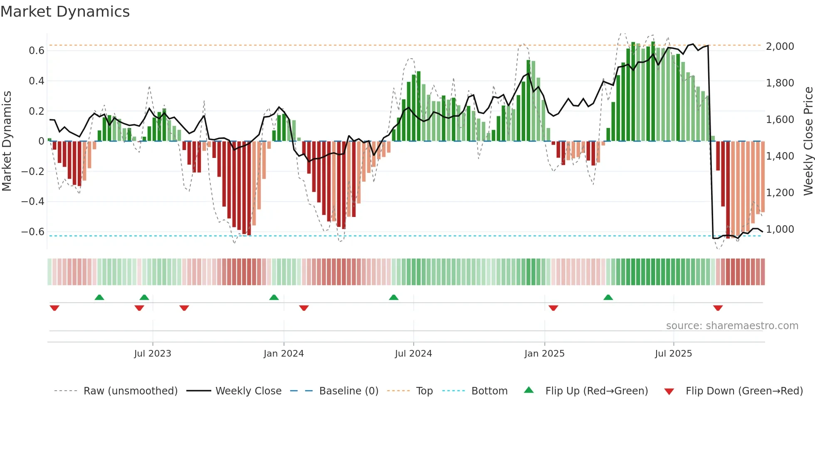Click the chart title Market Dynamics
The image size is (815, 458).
65,12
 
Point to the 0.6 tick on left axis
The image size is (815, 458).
36,51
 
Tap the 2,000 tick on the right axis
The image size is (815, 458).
780,47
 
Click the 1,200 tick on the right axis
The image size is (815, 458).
780,193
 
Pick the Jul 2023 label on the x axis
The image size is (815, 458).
153,354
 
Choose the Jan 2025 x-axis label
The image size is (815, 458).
544,354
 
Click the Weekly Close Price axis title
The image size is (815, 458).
808,141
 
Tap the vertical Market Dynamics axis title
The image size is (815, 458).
7,141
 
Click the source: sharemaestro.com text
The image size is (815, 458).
732,326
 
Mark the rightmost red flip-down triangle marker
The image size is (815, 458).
718,308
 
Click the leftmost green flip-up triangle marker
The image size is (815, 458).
99,297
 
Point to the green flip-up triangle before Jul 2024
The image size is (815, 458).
393,297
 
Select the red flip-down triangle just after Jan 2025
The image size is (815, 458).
553,308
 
